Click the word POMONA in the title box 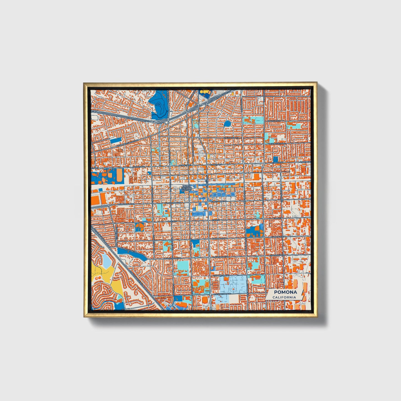coord(285,292)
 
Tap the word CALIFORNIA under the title coord(284,297)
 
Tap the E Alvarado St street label coord(231,138)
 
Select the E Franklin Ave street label coord(221,275)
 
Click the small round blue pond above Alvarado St coord(228,123)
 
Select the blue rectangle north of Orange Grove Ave coord(116,140)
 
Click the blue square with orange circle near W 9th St coord(140,227)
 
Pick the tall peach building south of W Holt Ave coord(118,174)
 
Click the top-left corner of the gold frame coord(84,83)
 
